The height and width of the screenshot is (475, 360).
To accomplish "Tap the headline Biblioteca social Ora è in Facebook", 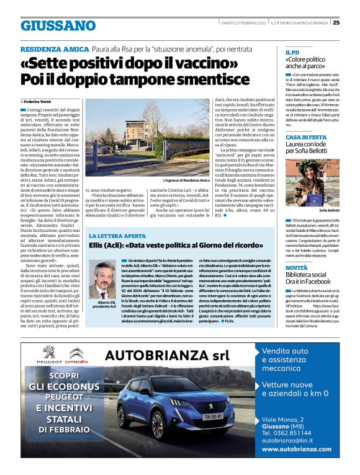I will coord(310,280).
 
